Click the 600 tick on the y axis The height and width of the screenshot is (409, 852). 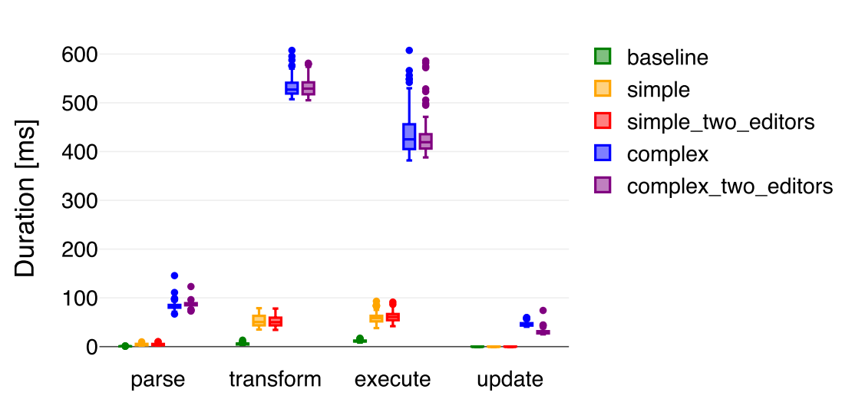pos(80,54)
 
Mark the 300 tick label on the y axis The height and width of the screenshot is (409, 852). pos(80,201)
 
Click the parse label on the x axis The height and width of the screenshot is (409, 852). pos(158,380)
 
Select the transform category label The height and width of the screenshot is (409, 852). pos(275,380)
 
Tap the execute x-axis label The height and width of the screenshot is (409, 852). pos(392,380)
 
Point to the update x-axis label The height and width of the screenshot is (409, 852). pos(510,380)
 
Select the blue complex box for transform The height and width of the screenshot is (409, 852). pos(292,88)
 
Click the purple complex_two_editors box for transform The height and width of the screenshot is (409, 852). pos(309,89)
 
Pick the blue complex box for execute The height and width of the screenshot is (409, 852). pos(409,137)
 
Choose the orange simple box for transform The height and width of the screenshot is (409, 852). pos(259,321)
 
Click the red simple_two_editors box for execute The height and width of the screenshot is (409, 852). pos(393,317)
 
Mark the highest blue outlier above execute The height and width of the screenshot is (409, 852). pos(409,51)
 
